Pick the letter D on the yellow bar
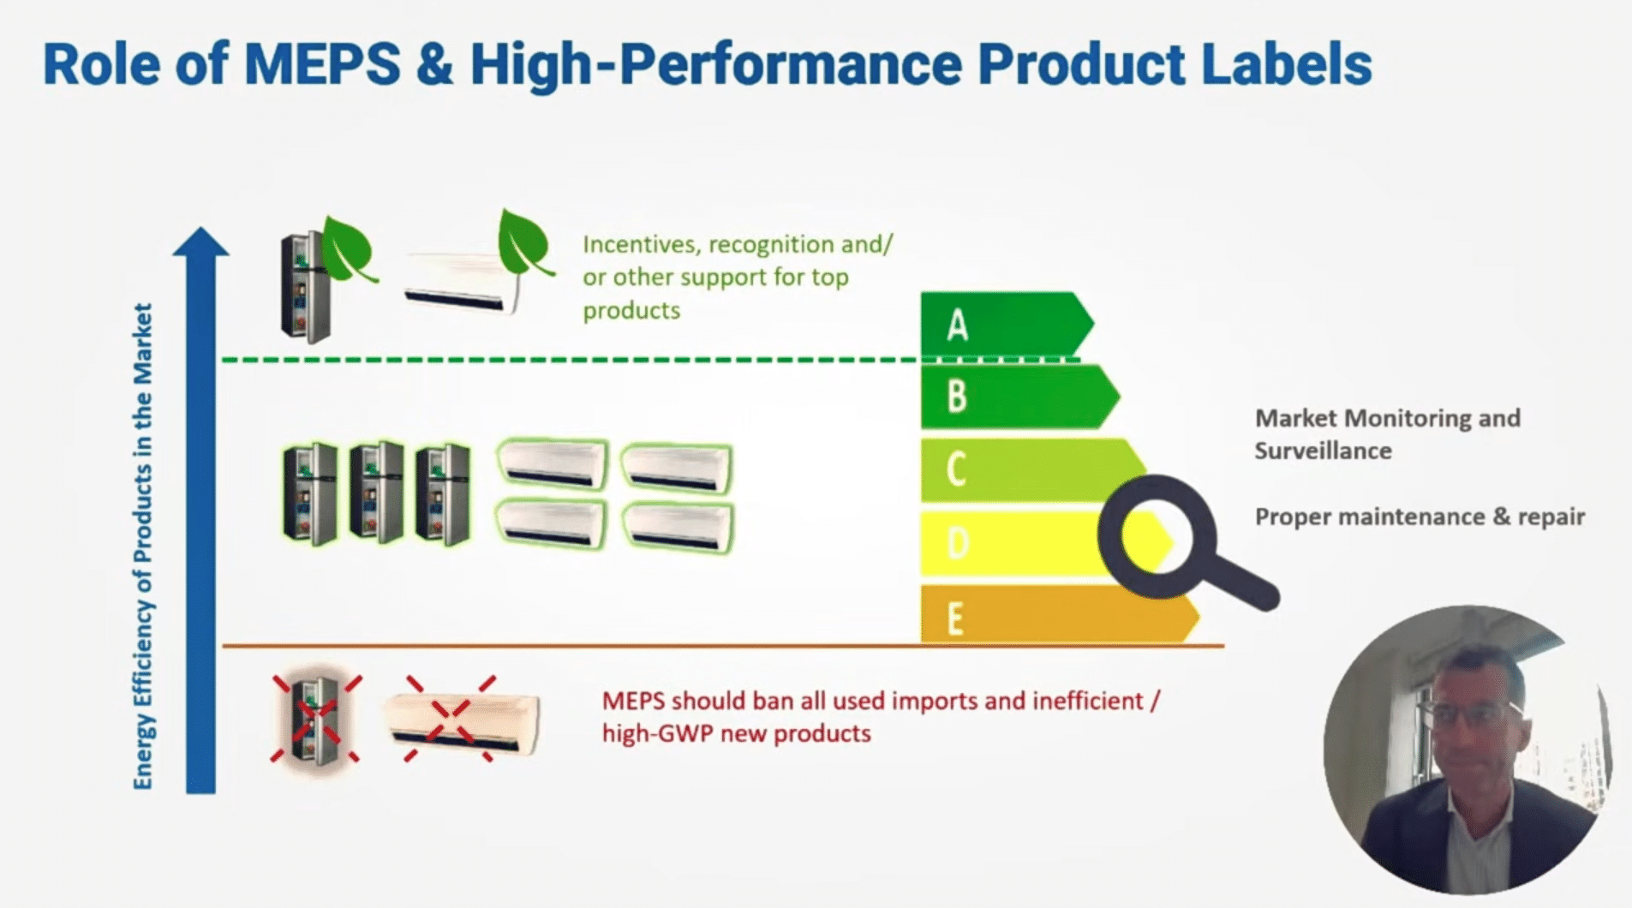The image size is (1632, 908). [958, 543]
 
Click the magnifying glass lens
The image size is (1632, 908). [1157, 537]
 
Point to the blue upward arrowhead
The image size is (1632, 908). [200, 242]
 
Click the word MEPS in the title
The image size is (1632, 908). [322, 64]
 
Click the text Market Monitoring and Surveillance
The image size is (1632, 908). [1387, 434]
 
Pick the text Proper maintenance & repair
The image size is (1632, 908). [1420, 517]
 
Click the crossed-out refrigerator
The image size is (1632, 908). [315, 719]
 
